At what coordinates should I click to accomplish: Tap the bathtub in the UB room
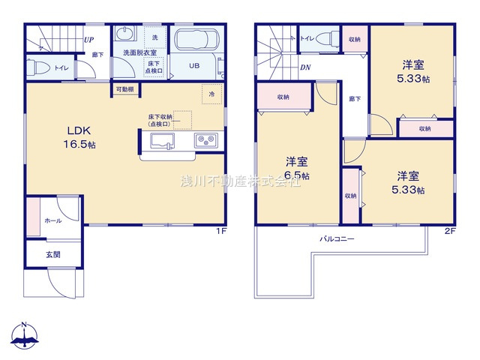195,41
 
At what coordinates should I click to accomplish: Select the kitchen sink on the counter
162,140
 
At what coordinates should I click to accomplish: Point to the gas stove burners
205,140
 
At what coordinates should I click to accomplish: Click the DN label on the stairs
305,68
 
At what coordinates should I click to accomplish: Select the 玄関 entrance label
52,254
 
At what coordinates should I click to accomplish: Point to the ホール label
53,220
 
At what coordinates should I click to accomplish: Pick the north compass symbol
24,337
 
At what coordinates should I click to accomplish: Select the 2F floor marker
448,232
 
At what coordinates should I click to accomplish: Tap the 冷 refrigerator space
211,94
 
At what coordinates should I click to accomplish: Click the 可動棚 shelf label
124,89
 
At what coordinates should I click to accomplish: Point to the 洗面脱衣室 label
139,52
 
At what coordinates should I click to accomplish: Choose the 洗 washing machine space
154,37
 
